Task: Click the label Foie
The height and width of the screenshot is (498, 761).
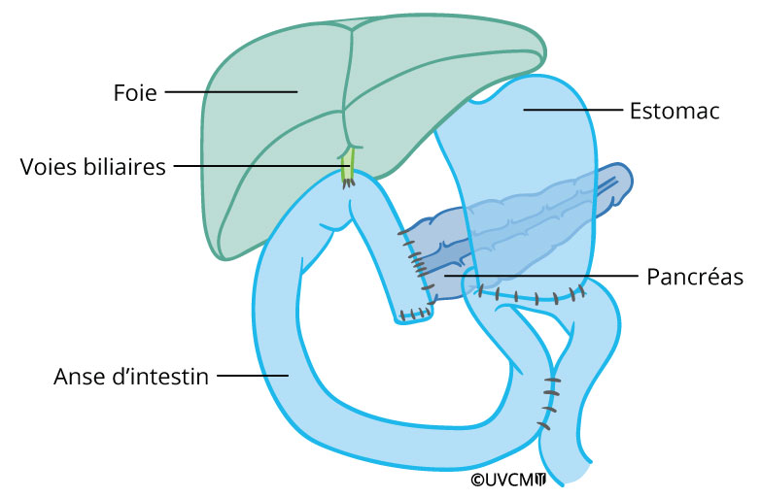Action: click(x=136, y=93)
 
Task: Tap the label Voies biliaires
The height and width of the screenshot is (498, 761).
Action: click(x=93, y=166)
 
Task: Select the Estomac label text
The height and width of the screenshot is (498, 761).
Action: click(x=675, y=112)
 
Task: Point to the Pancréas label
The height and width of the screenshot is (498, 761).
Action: click(x=695, y=278)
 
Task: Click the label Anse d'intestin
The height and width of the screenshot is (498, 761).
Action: click(x=131, y=376)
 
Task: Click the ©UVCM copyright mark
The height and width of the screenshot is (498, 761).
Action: click(x=508, y=480)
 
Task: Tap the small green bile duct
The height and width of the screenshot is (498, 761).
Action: click(x=348, y=165)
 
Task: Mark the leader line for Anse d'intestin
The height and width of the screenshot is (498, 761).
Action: click(x=251, y=375)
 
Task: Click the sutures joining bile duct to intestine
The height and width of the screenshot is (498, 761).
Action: click(x=349, y=182)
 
